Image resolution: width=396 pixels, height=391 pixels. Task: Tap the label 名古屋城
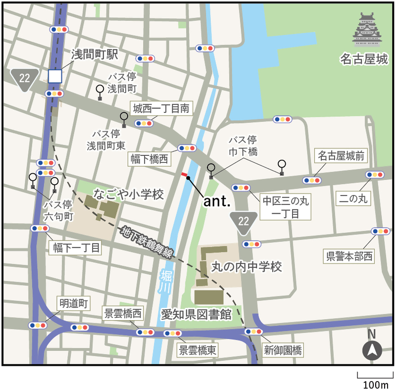click(363, 60)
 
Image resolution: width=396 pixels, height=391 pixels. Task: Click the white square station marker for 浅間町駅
click(54, 76)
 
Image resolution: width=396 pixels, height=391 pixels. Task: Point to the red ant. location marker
click(184, 175)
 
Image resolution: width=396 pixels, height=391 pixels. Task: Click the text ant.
click(217, 201)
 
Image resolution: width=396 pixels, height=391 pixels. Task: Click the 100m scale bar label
click(375, 385)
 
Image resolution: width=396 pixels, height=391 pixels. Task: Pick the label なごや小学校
click(128, 195)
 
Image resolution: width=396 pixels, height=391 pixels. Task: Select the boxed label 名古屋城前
click(341, 156)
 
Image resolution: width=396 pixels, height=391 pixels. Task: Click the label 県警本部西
click(349, 256)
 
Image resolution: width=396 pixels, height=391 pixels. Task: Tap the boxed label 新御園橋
click(283, 350)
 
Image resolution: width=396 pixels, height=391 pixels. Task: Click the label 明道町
click(74, 303)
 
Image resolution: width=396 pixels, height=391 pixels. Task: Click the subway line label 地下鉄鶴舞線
click(148, 243)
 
